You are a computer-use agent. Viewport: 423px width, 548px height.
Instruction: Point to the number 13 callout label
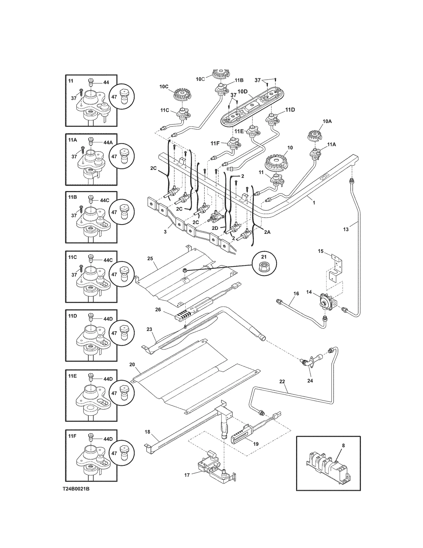tap(346, 229)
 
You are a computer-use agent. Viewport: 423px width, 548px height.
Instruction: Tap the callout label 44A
tap(108, 142)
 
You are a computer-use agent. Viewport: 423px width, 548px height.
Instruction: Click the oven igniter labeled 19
tap(242, 437)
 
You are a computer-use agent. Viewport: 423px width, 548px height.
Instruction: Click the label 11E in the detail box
tap(72, 376)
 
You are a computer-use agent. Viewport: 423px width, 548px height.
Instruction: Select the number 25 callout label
tap(150, 258)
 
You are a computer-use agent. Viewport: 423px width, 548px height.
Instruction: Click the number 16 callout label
tap(296, 293)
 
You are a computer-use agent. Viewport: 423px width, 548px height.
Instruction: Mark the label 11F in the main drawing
tap(215, 143)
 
